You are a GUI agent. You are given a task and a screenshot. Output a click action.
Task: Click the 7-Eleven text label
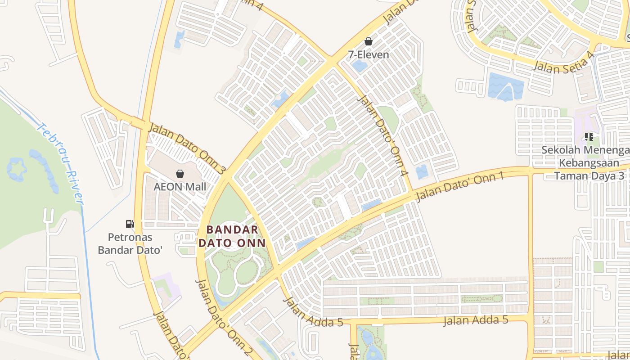(368, 54)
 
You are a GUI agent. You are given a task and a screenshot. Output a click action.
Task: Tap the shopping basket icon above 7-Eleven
(369, 42)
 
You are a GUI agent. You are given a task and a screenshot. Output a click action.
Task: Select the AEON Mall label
(180, 186)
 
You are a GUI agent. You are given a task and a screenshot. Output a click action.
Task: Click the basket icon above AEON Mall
(180, 174)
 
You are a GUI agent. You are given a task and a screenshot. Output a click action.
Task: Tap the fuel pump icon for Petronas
(130, 224)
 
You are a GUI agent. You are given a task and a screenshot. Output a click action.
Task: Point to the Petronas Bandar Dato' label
(130, 243)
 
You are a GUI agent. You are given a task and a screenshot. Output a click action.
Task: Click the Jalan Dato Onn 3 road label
(186, 148)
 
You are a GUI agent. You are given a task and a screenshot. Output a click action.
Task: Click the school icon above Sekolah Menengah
(589, 136)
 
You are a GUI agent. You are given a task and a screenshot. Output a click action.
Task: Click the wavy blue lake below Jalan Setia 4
(505, 86)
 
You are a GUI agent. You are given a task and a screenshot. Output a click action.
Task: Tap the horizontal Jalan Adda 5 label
(476, 320)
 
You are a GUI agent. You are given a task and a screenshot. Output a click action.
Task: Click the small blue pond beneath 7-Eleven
(360, 66)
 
